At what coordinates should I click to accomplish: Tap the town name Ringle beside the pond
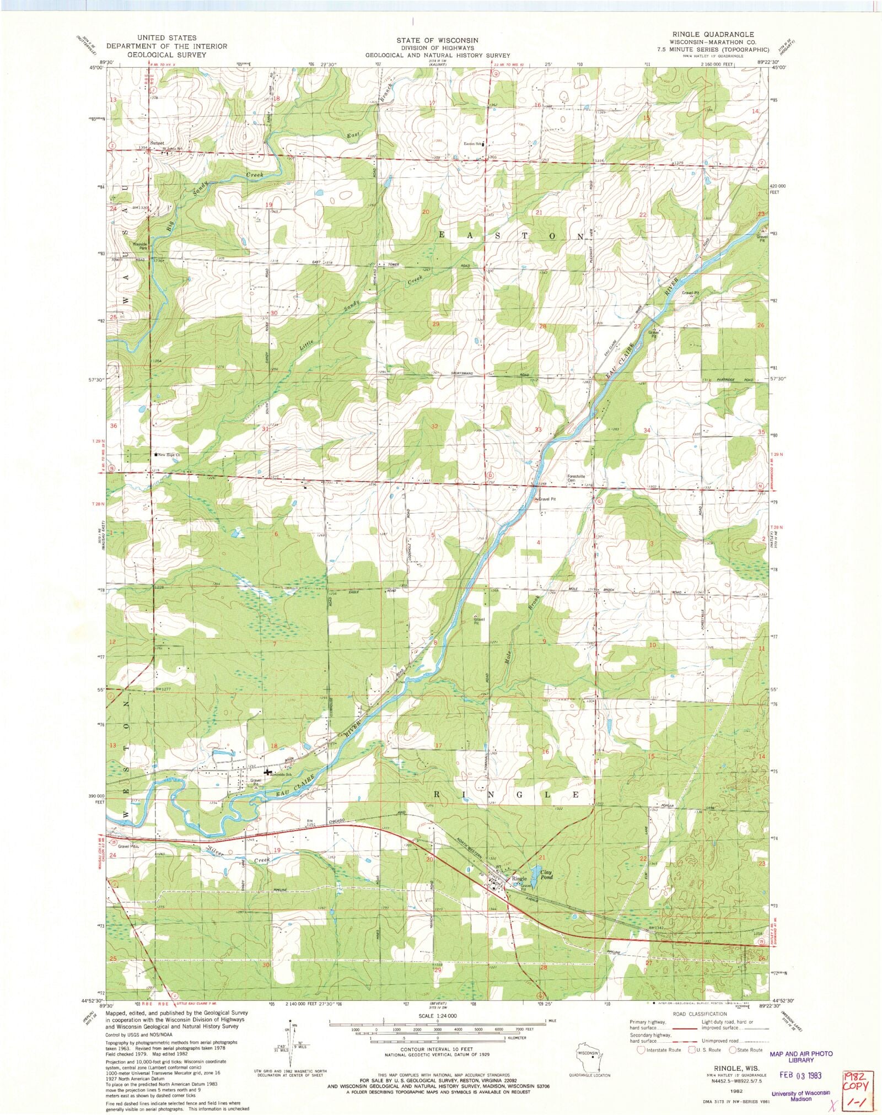click(x=519, y=879)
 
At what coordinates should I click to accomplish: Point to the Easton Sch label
click(x=472, y=144)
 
